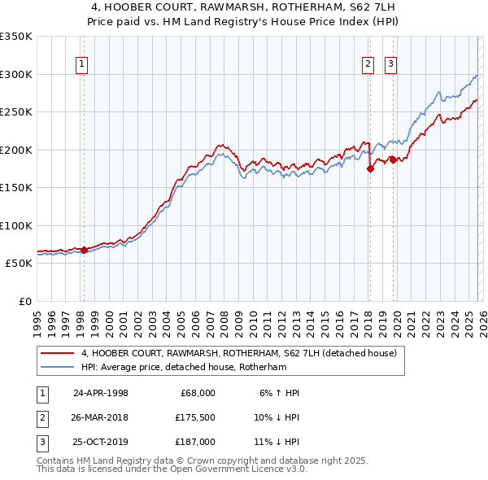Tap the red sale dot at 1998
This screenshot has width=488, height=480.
coord(84,250)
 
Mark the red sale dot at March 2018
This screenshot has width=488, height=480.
coord(370,169)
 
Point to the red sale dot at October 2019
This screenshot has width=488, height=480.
coord(393,160)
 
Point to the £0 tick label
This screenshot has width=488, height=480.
coord(24,302)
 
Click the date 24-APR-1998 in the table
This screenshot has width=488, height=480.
coord(101,393)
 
